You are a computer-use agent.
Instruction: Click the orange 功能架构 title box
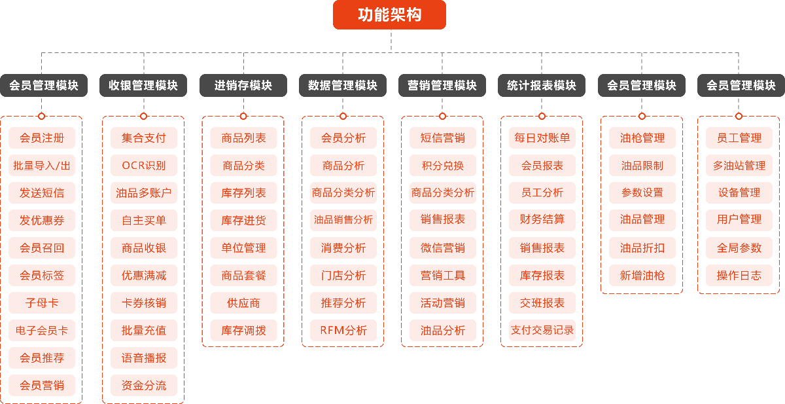[389, 14]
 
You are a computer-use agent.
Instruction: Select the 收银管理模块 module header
[143, 85]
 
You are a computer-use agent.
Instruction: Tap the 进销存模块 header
[243, 85]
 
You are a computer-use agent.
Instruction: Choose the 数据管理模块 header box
[343, 85]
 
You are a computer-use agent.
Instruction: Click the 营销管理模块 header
[442, 85]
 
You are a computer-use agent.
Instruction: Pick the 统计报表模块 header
[542, 85]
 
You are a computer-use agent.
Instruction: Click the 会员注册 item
[42, 138]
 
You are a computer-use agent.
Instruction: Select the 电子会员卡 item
[42, 331]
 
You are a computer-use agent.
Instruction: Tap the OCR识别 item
[144, 166]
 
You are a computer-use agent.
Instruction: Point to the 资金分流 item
[144, 386]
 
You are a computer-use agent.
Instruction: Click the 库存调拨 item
[243, 331]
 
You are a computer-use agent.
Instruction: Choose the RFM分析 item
[343, 331]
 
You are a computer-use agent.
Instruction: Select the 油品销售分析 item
[343, 220]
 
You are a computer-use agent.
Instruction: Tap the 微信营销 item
[443, 248]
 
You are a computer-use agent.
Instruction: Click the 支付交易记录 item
[542, 331]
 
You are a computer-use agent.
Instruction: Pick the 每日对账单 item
[542, 138]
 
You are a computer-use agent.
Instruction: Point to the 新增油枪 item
[642, 276]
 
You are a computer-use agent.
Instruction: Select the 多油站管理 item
[739, 166]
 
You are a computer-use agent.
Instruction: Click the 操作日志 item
[739, 276]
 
